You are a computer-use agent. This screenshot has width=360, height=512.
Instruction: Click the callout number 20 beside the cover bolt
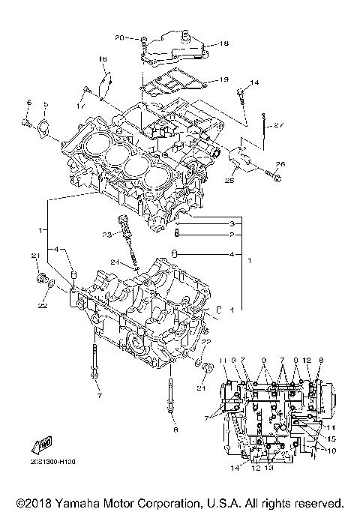120,37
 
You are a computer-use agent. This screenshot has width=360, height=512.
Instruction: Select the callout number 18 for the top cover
224,44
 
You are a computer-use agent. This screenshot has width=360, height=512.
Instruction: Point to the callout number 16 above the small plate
103,58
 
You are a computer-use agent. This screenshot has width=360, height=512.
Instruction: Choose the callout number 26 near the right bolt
280,164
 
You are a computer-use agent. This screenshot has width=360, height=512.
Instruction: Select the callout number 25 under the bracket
229,181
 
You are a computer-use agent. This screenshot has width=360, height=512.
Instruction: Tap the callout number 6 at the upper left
28,102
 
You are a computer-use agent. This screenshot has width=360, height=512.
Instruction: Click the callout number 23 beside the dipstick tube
107,235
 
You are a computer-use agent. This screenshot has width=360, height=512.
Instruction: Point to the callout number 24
114,262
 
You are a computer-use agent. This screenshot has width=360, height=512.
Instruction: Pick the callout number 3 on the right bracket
232,223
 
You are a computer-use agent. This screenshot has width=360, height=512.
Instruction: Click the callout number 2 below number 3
232,234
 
